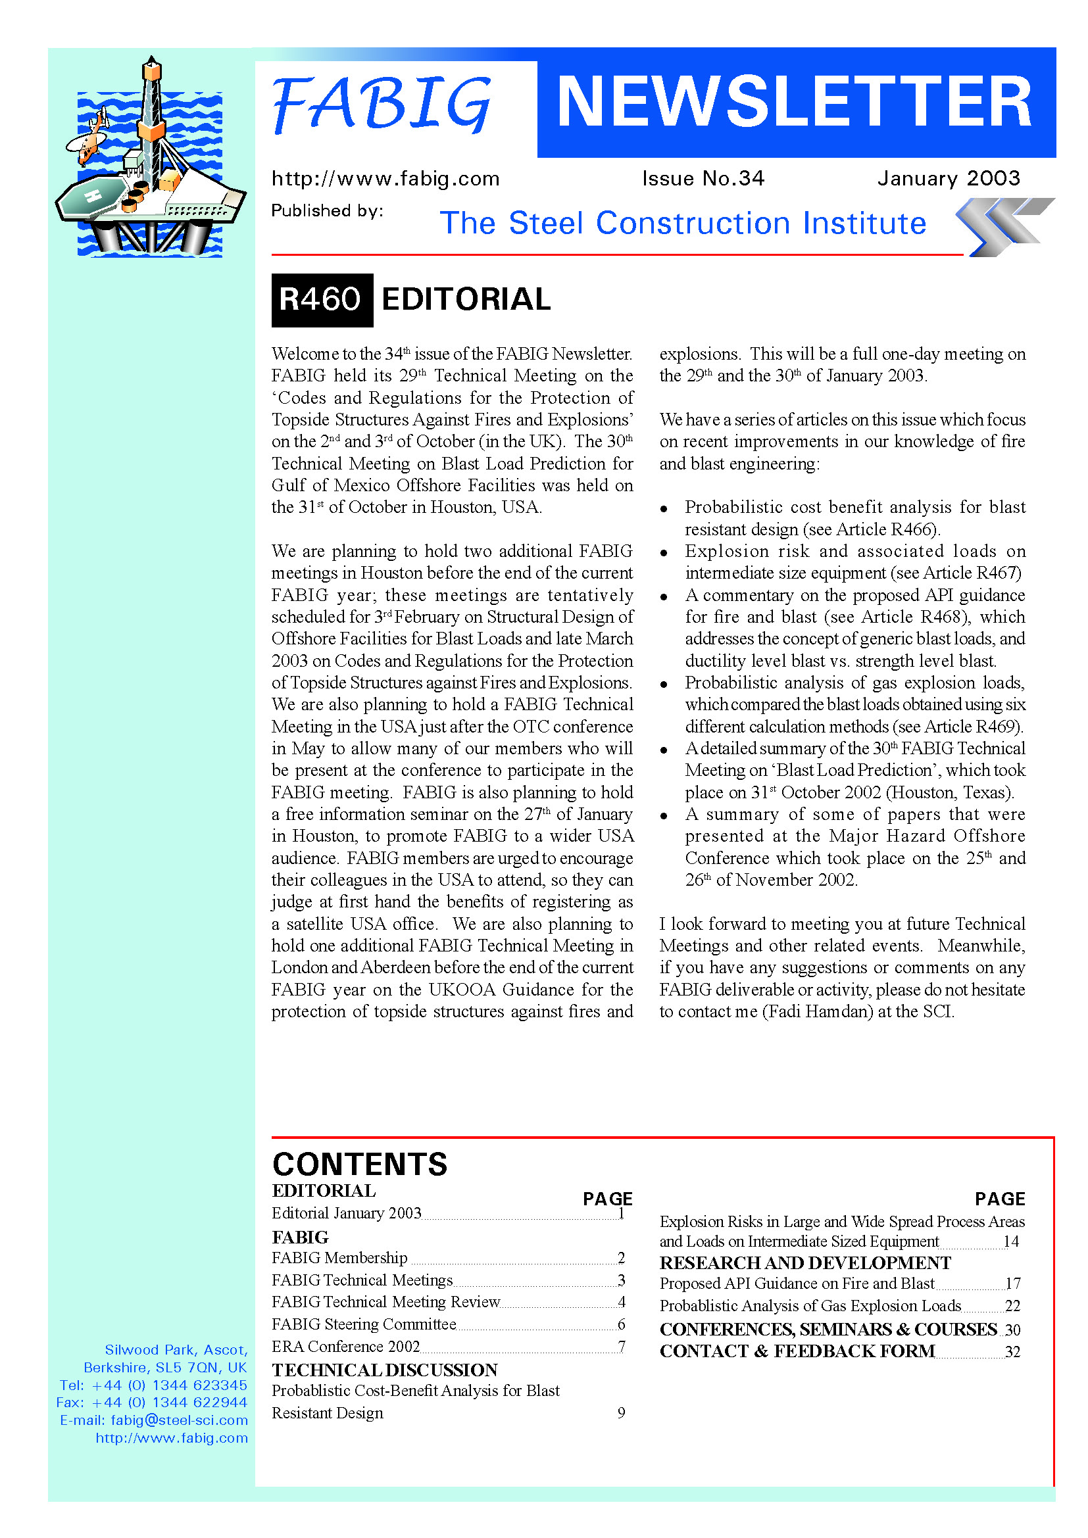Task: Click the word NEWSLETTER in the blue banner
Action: [795, 102]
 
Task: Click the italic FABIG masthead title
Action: [382, 104]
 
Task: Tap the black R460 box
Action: [322, 299]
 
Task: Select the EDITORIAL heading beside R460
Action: [466, 299]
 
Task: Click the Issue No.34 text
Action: [703, 178]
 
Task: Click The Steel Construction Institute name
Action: [683, 223]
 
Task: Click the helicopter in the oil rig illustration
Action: [90, 141]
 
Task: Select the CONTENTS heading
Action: [360, 1165]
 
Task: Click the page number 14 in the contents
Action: [1011, 1241]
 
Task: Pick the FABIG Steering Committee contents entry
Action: [364, 1324]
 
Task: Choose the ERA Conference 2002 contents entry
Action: [346, 1347]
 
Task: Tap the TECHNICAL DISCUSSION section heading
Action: [385, 1370]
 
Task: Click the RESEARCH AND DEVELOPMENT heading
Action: [805, 1262]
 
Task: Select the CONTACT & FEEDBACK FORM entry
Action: [797, 1351]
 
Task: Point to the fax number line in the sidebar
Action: [152, 1403]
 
